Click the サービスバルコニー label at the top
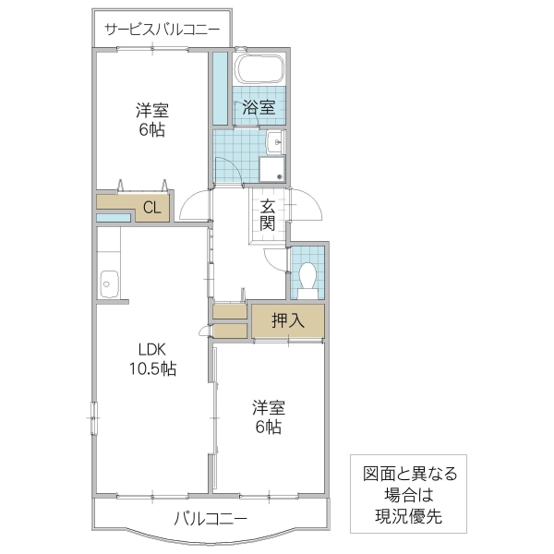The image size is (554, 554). [x=162, y=30]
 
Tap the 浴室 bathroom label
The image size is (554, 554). [x=259, y=107]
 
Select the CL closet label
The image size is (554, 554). [x=151, y=208]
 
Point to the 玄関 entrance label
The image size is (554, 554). [x=267, y=215]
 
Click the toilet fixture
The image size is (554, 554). [x=308, y=277]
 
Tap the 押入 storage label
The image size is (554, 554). [x=287, y=320]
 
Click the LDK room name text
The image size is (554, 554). [x=151, y=350]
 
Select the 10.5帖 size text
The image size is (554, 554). [x=152, y=369]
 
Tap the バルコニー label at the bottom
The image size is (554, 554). [x=211, y=519]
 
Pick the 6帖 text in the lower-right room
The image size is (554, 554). [x=269, y=427]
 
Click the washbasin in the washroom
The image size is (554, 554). [x=273, y=141]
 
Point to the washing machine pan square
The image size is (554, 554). [x=272, y=169]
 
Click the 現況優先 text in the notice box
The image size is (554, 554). [x=409, y=515]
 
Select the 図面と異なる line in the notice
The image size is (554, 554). [x=409, y=475]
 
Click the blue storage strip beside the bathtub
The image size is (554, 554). [x=220, y=89]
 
